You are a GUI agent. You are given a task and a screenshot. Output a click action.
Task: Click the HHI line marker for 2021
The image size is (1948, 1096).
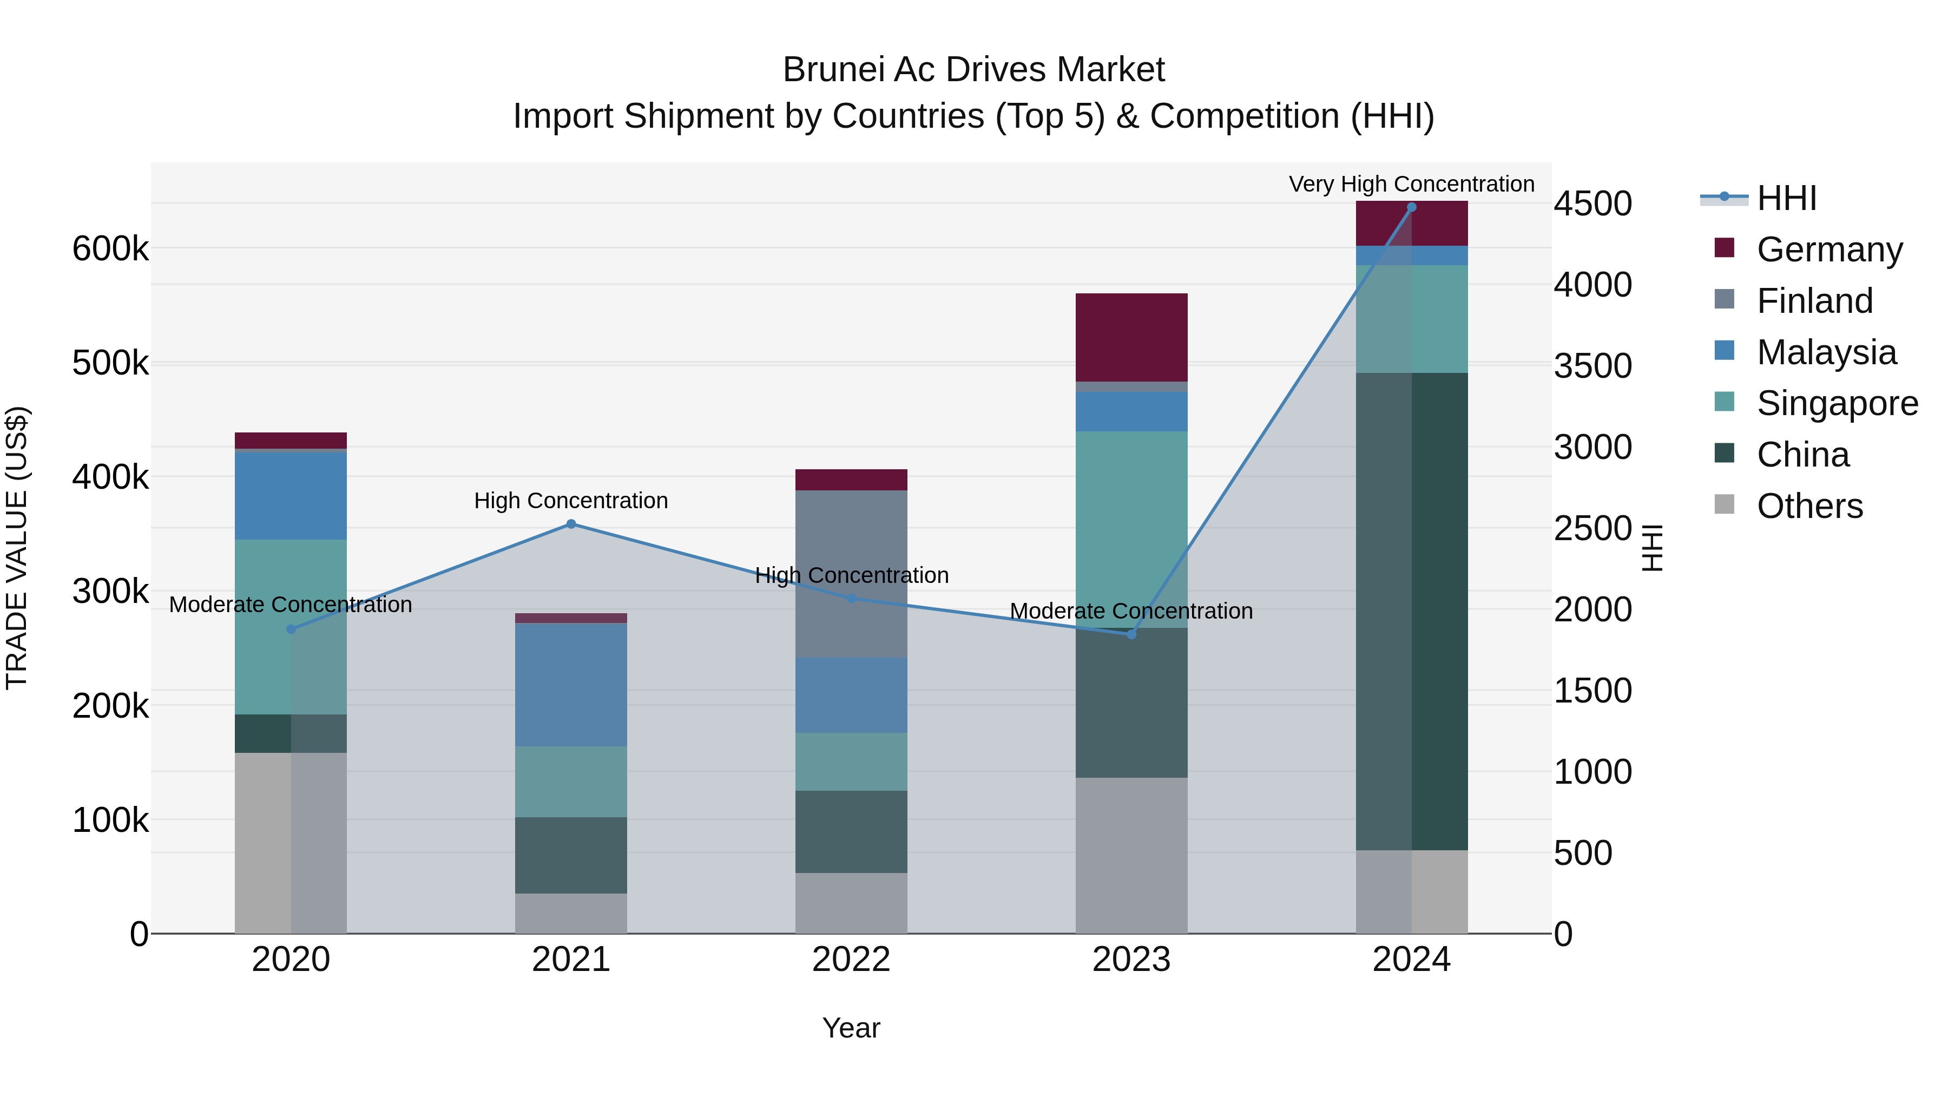pos(571,524)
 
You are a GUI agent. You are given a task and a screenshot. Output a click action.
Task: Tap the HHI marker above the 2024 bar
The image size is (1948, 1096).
pos(1411,207)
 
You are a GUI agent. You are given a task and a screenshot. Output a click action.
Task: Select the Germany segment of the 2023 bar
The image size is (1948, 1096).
pos(1131,337)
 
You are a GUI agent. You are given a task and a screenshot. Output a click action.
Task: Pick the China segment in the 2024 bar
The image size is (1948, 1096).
pos(1411,611)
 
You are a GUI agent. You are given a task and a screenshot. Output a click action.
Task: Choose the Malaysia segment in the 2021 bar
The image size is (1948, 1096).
pos(571,685)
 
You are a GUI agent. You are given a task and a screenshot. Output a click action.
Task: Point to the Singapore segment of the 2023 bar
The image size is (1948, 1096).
pos(1131,529)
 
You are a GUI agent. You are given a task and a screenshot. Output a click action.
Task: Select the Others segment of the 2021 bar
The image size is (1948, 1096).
pos(571,913)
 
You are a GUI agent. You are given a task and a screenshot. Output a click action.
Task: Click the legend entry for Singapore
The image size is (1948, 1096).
pos(1837,403)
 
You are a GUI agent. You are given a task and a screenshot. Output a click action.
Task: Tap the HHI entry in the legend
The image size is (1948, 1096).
pos(1786,198)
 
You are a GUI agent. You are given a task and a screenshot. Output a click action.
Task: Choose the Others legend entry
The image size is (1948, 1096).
pos(1809,506)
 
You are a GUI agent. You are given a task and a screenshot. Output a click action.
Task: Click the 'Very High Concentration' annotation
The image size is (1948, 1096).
pos(1411,185)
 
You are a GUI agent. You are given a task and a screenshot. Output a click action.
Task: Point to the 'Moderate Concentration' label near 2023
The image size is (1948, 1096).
pos(1131,611)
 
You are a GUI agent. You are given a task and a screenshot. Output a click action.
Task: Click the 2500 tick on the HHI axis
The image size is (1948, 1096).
pos(1592,529)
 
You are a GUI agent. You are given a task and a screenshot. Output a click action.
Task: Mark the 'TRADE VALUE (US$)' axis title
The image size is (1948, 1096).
pos(17,548)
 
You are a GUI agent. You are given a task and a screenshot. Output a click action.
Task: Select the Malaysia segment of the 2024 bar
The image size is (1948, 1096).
pos(1411,255)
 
